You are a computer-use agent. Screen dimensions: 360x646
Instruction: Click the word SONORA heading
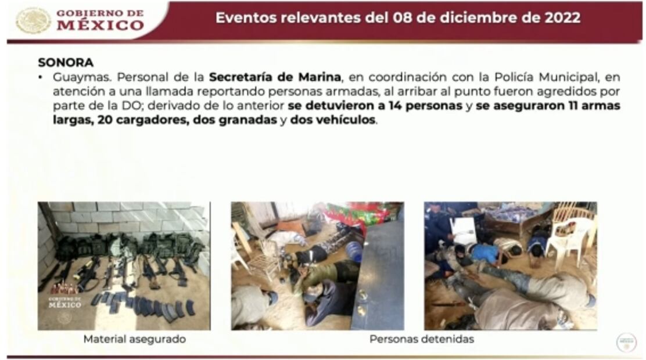coord(66,63)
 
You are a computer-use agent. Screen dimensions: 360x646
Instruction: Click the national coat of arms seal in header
coord(33,20)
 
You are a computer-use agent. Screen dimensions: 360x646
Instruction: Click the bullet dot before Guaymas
coord(41,78)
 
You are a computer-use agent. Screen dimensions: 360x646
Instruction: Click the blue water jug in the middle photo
coord(354,251)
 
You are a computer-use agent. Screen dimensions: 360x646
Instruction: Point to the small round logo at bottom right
coord(626,343)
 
